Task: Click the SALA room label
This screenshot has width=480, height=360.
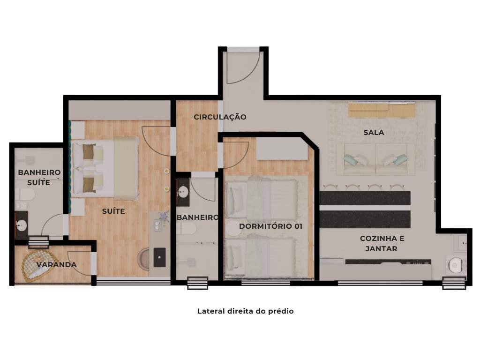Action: [x=374, y=133]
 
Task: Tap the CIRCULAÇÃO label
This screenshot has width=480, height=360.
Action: [x=220, y=117]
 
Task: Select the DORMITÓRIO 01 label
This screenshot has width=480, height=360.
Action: [x=270, y=226]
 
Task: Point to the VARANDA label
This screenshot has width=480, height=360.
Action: [x=56, y=265]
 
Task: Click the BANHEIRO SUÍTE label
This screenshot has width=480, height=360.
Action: [x=39, y=177]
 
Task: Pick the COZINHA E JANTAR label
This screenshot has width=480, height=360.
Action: [x=382, y=243]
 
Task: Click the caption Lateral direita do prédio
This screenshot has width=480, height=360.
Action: [x=245, y=311]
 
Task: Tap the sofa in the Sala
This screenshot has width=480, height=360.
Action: [x=375, y=159]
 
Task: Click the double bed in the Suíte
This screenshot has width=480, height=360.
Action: [x=105, y=168]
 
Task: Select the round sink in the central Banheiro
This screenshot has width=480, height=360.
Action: [x=183, y=192]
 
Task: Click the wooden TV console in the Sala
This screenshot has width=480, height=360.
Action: [x=382, y=110]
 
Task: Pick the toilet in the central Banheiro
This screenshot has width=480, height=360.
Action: [x=187, y=229]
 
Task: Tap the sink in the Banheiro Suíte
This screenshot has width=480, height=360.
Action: [x=21, y=225]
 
